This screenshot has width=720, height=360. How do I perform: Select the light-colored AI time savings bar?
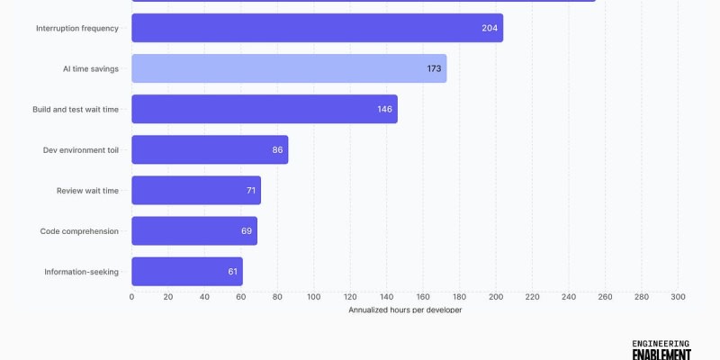[x=289, y=68]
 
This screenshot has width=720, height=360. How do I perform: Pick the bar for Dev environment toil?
[x=210, y=149]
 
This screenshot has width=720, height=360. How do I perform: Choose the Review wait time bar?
[x=196, y=190]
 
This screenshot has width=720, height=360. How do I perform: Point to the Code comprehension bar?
[x=194, y=230]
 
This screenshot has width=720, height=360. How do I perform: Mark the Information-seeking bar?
[x=187, y=271]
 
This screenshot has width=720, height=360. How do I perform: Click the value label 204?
[x=490, y=28]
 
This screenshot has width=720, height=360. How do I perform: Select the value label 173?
[x=434, y=68]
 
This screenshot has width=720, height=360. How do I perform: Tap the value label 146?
[x=385, y=109]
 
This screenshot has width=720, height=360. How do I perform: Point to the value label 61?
[x=233, y=271]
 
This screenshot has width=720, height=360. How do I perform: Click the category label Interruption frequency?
[x=77, y=28]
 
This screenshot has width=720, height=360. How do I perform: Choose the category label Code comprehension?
[x=79, y=230]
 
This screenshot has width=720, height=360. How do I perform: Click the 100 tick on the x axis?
[x=314, y=296]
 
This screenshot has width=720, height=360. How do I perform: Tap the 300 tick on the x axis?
[x=678, y=296]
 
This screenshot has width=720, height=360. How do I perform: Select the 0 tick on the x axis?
[x=132, y=296]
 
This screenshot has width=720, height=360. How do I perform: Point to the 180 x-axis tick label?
[x=460, y=296]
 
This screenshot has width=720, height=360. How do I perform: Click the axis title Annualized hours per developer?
[x=405, y=310]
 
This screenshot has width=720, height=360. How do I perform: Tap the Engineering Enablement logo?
[x=661, y=349]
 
